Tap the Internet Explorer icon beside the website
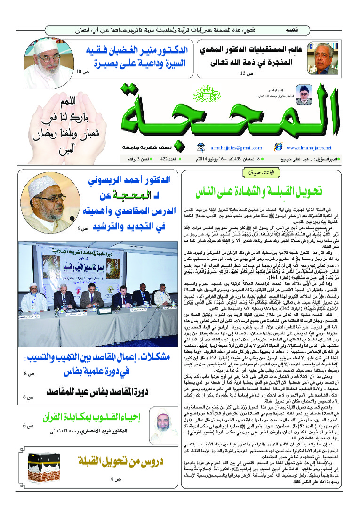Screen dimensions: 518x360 pyautogui.click(x=278, y=147)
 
